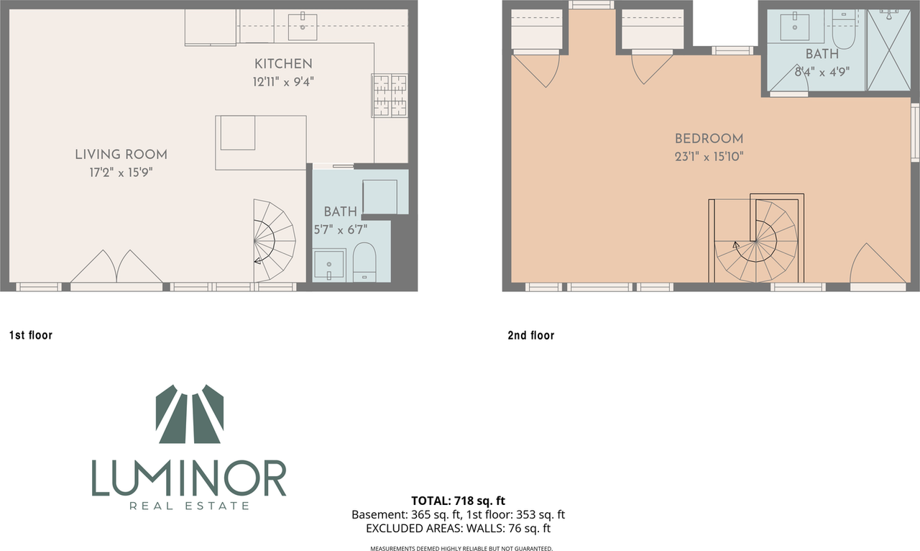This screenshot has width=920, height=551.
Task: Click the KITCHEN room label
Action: coord(282,64)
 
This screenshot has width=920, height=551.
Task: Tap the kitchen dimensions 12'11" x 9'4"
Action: coord(282,81)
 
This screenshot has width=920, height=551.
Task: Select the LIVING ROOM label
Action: coord(121,155)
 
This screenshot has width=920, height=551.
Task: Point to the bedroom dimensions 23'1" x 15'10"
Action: coord(709,156)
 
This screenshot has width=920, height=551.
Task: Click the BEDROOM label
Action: coord(709,139)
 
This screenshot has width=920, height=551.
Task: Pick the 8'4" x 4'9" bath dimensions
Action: coord(821,71)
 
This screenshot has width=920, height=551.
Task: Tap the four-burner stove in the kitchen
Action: coord(389,96)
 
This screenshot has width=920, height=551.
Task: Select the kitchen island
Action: coord(261,142)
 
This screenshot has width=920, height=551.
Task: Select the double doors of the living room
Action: coord(116,267)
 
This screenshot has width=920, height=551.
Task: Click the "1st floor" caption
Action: coord(30,335)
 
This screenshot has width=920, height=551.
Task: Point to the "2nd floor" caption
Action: coord(530,335)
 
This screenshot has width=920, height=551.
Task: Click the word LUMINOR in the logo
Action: coord(189,478)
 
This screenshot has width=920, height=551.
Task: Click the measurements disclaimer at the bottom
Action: coord(461,548)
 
